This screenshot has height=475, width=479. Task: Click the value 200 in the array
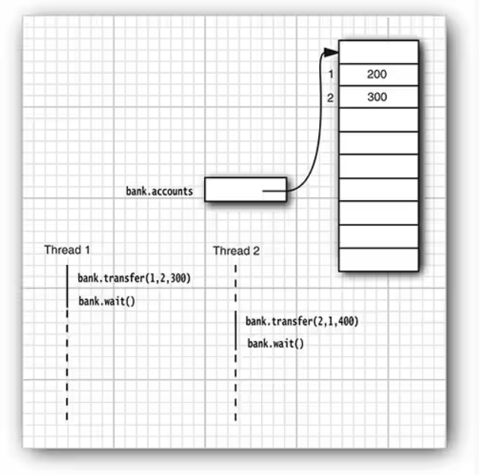tap(376, 75)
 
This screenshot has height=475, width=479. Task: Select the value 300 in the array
tap(376, 97)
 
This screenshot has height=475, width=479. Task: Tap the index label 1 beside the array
tap(331, 75)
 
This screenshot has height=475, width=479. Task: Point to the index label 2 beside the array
tap(331, 97)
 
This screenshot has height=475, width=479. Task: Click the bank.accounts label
tap(160, 191)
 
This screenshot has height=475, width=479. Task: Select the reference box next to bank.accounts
tap(245, 190)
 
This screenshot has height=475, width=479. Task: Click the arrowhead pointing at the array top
tap(330, 52)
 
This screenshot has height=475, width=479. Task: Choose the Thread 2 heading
tap(237, 250)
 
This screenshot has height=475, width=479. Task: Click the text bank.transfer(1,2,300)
tap(134, 279)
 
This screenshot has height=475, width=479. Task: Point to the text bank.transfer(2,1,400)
tap(302, 321)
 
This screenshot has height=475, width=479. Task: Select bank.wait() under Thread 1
tap(107, 301)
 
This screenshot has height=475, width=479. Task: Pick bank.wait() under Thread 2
tap(276, 344)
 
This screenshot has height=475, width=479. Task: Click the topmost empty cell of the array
tap(378, 52)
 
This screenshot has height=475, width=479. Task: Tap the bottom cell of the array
tap(378, 259)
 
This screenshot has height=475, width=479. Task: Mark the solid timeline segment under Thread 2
tap(236, 331)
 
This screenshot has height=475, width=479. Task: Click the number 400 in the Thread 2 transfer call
tap(346, 321)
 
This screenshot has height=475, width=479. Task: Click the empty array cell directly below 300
tap(378, 120)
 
